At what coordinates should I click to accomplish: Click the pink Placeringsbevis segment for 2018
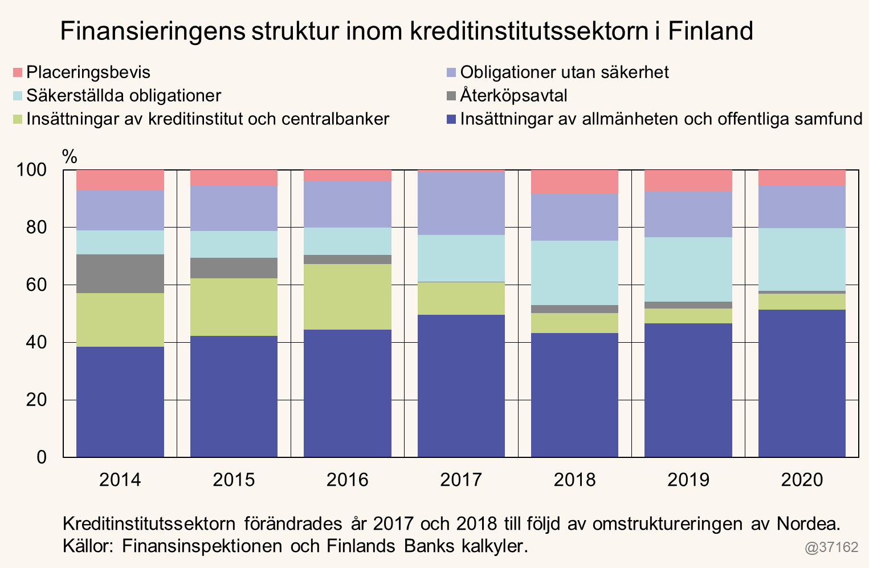[x=574, y=182]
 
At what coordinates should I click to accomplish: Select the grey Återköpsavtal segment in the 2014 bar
[x=120, y=274]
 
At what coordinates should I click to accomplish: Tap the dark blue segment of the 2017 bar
[x=461, y=386]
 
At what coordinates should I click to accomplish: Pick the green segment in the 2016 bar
[x=348, y=297]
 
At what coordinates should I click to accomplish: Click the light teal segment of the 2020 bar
[x=802, y=259]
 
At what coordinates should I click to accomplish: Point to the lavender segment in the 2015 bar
[x=234, y=208]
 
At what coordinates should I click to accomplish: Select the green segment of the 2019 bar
[x=688, y=316]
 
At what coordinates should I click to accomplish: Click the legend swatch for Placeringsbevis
[x=18, y=72]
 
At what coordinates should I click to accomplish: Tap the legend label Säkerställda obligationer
[x=124, y=95]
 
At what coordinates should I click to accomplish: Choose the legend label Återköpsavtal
[x=513, y=95]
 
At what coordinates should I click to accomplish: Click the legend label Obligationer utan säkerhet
[x=564, y=72]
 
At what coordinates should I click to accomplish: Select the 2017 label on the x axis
[x=461, y=480]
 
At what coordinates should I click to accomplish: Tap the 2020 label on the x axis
[x=802, y=480]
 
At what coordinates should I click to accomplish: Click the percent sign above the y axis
[x=70, y=156]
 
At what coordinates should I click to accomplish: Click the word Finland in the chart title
[x=711, y=31]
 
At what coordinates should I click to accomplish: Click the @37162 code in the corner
[x=831, y=547]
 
